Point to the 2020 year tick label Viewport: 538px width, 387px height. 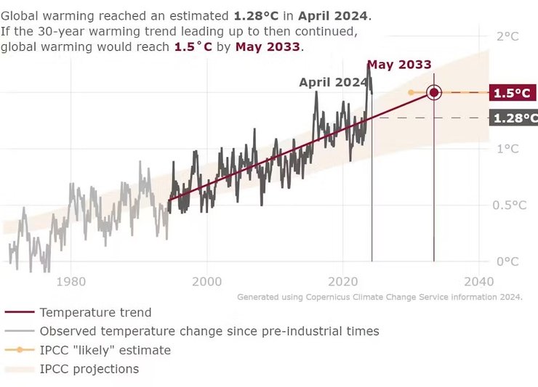[x=343, y=281]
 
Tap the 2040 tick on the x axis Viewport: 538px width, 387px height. [x=479, y=281]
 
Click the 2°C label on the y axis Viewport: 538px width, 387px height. [x=506, y=37]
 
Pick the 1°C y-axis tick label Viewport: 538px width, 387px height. [x=506, y=149]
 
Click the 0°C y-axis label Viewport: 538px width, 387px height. [x=506, y=261]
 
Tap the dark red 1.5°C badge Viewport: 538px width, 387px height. [x=512, y=93]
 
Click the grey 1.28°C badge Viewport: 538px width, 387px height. [x=513, y=118]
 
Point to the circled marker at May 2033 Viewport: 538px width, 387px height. [x=434, y=92]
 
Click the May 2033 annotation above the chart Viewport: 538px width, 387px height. [x=398, y=65]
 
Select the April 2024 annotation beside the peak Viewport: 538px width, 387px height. [x=333, y=82]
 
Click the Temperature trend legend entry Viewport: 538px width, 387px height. [x=95, y=313]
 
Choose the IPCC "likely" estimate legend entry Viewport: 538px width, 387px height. [x=105, y=351]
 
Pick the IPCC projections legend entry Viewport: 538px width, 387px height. [x=89, y=369]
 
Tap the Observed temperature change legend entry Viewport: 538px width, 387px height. [x=209, y=332]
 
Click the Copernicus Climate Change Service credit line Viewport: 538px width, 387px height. [x=380, y=297]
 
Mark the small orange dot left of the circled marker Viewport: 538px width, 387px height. [x=411, y=92]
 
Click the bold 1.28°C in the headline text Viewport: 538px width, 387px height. [x=260, y=15]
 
